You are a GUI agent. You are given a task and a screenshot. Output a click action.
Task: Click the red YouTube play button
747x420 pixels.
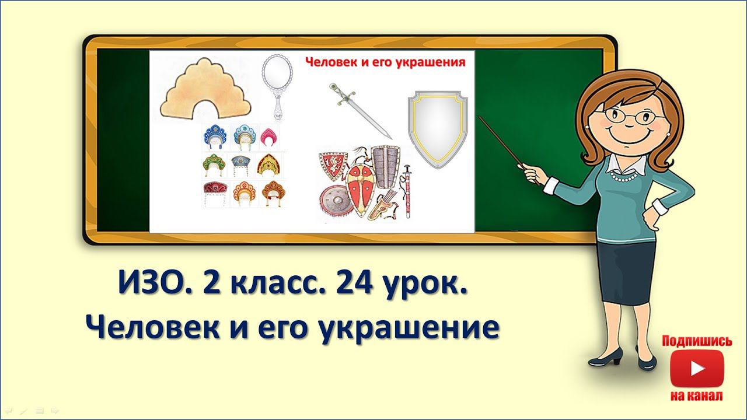697,369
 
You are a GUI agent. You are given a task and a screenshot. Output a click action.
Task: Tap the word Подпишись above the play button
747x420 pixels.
697,341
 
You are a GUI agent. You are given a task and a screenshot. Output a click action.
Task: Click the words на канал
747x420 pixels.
697,395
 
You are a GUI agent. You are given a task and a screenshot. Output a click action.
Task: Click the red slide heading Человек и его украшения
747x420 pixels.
386,63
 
